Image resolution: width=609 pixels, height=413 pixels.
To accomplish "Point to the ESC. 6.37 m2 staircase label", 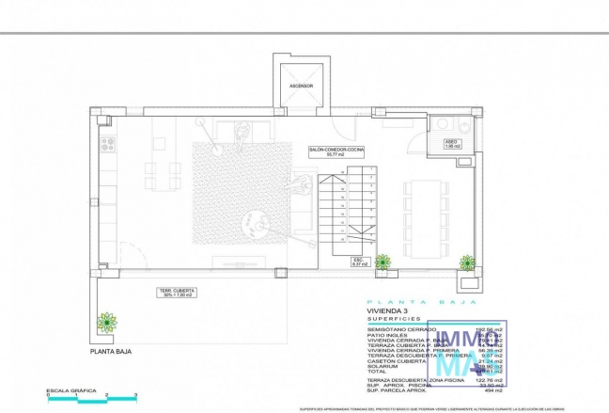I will click(x=359, y=262).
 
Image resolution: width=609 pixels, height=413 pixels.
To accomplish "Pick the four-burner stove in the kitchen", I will click(x=108, y=144).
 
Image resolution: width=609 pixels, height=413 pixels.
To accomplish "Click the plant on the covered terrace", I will click(x=108, y=322).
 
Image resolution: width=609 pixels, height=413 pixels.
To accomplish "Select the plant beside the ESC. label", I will click(x=383, y=262).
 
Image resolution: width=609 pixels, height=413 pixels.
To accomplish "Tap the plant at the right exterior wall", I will click(x=467, y=262).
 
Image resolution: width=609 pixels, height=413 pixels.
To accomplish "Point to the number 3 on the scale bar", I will click(x=136, y=394).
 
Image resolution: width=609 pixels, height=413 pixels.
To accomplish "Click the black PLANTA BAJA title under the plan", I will click(x=111, y=352).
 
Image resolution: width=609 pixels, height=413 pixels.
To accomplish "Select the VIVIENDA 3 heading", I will click(x=388, y=310).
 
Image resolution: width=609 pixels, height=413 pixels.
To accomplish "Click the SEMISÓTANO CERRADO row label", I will click(x=397, y=329).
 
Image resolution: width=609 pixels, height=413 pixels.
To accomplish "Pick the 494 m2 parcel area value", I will click(x=492, y=389).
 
